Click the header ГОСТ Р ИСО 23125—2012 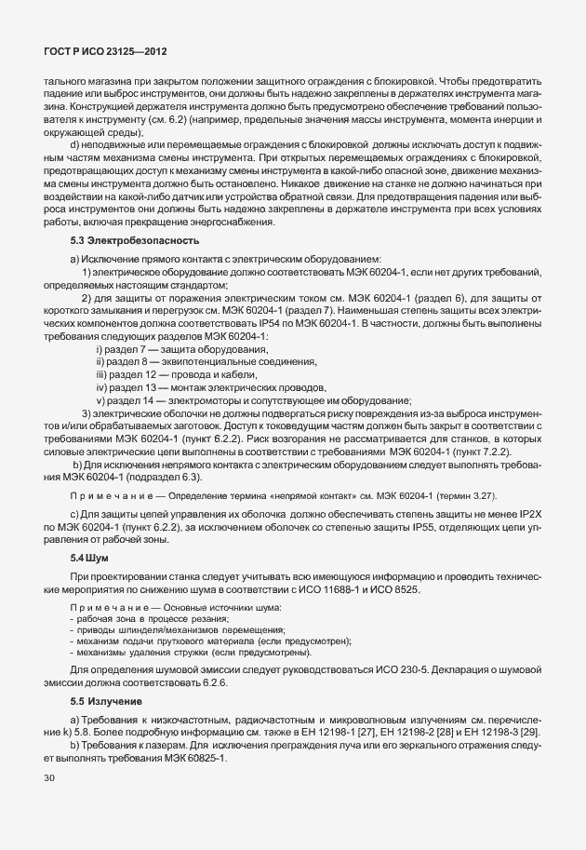click(104, 53)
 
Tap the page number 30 click(49, 778)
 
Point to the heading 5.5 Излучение click(108, 700)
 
